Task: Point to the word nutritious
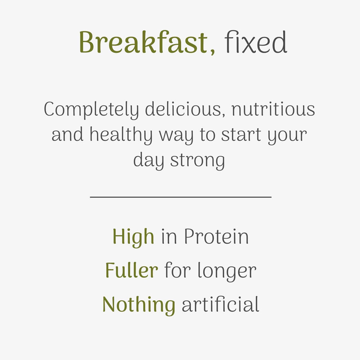click(x=273, y=109)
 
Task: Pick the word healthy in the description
click(x=121, y=135)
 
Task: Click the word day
click(x=148, y=161)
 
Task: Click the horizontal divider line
click(x=180, y=197)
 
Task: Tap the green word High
click(x=133, y=237)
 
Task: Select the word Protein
click(x=216, y=237)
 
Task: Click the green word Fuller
click(x=132, y=271)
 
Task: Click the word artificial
click(x=220, y=305)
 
